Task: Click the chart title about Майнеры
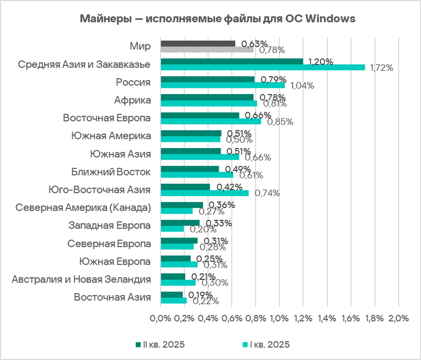point(218,19)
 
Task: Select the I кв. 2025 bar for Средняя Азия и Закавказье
point(262,67)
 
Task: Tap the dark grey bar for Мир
point(197,44)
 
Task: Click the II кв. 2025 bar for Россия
point(207,79)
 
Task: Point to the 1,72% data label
point(381,68)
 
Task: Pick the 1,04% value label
point(302,86)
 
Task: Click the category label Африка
point(132,100)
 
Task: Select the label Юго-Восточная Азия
point(99,190)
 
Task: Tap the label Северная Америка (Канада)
point(83,208)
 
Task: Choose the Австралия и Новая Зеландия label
point(81,279)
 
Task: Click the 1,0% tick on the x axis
point(279,318)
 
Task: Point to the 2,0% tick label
point(398,318)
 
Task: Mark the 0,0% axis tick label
point(160,318)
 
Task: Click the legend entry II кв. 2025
point(160,344)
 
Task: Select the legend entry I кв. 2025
point(265,344)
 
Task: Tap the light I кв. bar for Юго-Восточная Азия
point(204,193)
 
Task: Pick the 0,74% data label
point(268,193)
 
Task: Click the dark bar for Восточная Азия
point(172,295)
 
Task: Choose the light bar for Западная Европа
point(172,229)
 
